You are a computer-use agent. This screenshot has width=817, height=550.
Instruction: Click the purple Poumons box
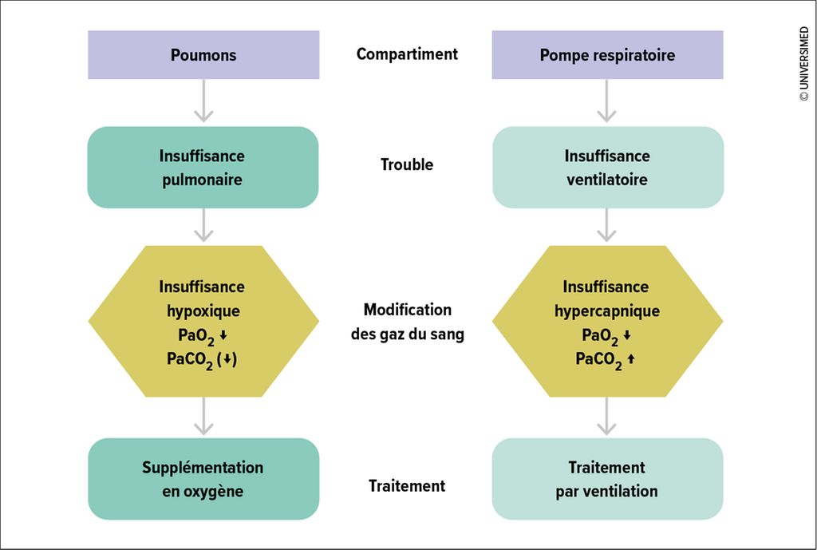203,55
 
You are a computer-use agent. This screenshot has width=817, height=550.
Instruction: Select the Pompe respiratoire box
607,55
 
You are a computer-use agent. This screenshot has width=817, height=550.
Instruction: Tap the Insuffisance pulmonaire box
203,168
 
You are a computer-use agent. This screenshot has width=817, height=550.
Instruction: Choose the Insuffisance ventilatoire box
607,168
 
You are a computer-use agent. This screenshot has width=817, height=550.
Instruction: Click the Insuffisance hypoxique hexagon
203,321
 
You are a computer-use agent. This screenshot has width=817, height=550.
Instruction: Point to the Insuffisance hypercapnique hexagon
607,321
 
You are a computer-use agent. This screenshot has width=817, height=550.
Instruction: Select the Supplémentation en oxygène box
203,479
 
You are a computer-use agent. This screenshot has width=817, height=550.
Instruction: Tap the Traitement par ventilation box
607,479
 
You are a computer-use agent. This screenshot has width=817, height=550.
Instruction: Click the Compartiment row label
407,54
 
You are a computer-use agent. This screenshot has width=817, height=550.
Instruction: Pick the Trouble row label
407,164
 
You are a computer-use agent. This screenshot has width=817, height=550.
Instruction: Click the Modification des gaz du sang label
408,322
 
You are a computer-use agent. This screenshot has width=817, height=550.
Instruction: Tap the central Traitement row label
407,486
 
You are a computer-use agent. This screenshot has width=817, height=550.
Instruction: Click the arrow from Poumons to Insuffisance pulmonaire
203,101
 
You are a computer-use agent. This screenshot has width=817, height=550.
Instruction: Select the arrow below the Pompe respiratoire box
606,101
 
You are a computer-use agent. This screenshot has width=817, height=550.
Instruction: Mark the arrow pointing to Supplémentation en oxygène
203,416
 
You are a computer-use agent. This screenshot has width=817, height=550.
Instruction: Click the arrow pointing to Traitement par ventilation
606,416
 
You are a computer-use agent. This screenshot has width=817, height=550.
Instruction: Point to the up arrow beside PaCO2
631,358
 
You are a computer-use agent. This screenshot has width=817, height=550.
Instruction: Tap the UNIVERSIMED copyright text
804,64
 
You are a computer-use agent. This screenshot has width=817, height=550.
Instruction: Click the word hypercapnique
607,311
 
